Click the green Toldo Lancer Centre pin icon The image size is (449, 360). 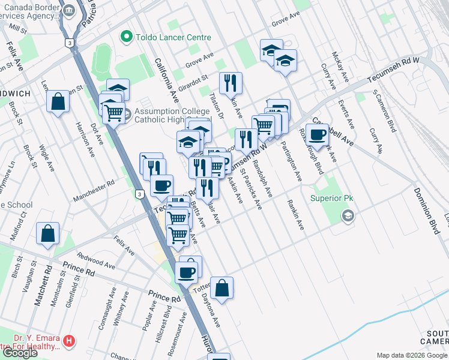pos(127,37)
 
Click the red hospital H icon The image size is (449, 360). pos(70,341)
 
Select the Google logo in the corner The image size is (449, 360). pos(20,353)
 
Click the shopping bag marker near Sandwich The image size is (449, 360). pos(58,101)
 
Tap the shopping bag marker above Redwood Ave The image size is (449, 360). pos(47,234)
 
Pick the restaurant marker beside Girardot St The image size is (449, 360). pos(230,83)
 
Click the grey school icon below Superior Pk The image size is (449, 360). pos(347,215)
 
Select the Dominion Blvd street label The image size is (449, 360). pos(425,204)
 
